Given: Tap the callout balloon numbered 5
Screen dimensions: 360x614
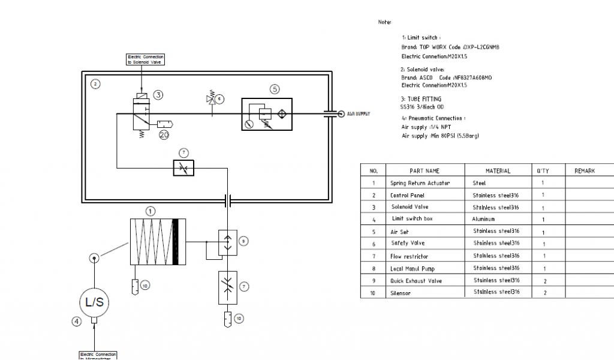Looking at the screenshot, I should (275, 89).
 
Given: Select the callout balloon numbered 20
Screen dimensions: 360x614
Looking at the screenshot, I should (164, 135).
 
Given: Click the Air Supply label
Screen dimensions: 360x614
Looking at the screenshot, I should (358, 113).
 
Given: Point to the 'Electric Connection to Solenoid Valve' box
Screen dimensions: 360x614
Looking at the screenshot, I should (145, 59).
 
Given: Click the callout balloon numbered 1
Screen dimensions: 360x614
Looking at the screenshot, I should (151, 211).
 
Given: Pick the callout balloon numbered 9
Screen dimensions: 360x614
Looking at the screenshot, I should (243, 241).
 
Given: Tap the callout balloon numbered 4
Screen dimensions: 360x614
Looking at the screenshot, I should (76, 321).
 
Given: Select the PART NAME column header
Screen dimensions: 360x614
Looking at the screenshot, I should (425, 170).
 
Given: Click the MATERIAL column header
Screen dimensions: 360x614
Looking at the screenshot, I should (497, 170).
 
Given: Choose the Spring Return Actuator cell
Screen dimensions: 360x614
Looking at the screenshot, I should (420, 183).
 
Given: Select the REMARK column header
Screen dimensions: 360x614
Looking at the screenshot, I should (585, 170).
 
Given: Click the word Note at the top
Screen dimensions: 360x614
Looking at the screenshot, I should (384, 22).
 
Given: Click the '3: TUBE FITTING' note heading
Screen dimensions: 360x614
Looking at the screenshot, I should (420, 99).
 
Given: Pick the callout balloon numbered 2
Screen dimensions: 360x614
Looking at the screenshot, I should (95, 84).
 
